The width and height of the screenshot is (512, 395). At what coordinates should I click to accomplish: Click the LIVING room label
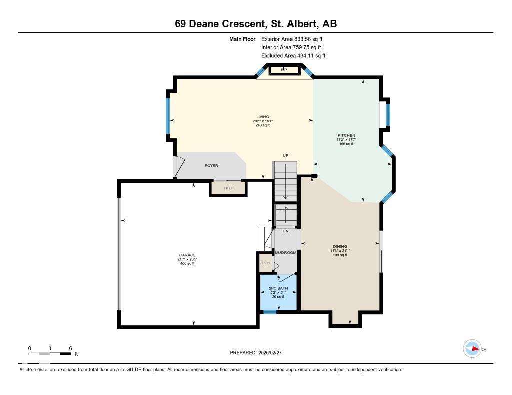(x=262, y=116)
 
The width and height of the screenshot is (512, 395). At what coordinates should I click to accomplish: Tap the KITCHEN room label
(x=346, y=135)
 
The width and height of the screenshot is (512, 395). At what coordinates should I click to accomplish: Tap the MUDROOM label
(x=285, y=253)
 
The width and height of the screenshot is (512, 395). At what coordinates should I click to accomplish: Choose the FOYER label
(x=211, y=166)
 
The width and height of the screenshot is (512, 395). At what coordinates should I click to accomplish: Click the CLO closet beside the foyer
(x=228, y=188)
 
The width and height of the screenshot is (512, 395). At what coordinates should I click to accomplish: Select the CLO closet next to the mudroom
(x=265, y=263)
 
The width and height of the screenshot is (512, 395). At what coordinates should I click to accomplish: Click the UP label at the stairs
(x=286, y=156)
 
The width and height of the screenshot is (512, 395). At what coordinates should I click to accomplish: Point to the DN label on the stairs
(x=285, y=231)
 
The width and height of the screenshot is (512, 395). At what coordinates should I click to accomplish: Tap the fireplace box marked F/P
(x=284, y=70)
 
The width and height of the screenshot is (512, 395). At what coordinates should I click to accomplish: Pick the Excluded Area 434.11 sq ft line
(x=293, y=56)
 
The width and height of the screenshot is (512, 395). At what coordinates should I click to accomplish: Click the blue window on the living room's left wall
(x=168, y=116)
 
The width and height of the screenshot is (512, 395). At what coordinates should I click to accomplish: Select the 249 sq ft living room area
(x=262, y=125)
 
